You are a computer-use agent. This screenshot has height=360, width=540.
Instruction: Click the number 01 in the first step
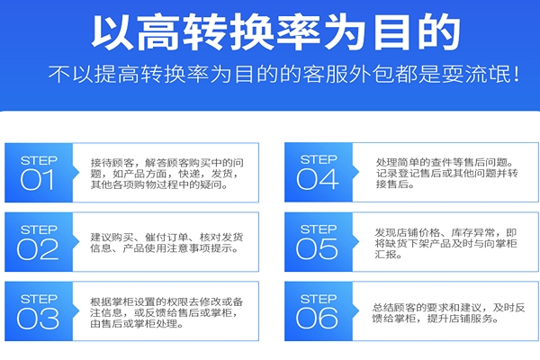[38, 179]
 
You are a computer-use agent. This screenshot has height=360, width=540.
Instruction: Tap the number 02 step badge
[38, 248]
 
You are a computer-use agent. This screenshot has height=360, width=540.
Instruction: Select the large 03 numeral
[38, 317]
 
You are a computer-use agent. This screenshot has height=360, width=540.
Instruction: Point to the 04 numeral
[318, 179]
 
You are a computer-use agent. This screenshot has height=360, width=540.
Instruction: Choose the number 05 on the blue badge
[318, 248]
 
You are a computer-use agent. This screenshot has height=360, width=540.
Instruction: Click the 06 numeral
[318, 317]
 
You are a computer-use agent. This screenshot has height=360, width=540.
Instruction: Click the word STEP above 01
[38, 159]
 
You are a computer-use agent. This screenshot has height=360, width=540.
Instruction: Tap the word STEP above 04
[318, 159]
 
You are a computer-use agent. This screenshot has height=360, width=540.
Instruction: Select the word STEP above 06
[318, 297]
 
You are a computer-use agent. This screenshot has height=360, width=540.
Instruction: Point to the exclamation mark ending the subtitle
[514, 73]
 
